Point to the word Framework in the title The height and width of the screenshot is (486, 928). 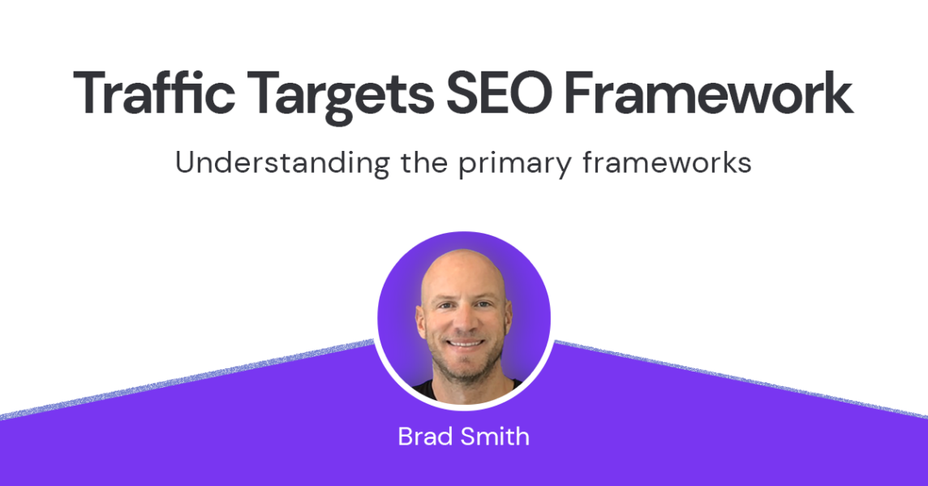(x=708, y=93)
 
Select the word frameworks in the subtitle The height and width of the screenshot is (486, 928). (x=667, y=162)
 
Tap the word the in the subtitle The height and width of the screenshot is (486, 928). (x=425, y=162)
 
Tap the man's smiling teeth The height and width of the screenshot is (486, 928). (x=465, y=342)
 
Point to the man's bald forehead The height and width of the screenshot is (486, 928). (x=463, y=275)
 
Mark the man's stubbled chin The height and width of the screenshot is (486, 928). (x=466, y=369)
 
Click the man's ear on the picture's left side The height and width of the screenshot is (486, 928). (x=421, y=323)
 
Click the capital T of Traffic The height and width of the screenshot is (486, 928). (x=91, y=93)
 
